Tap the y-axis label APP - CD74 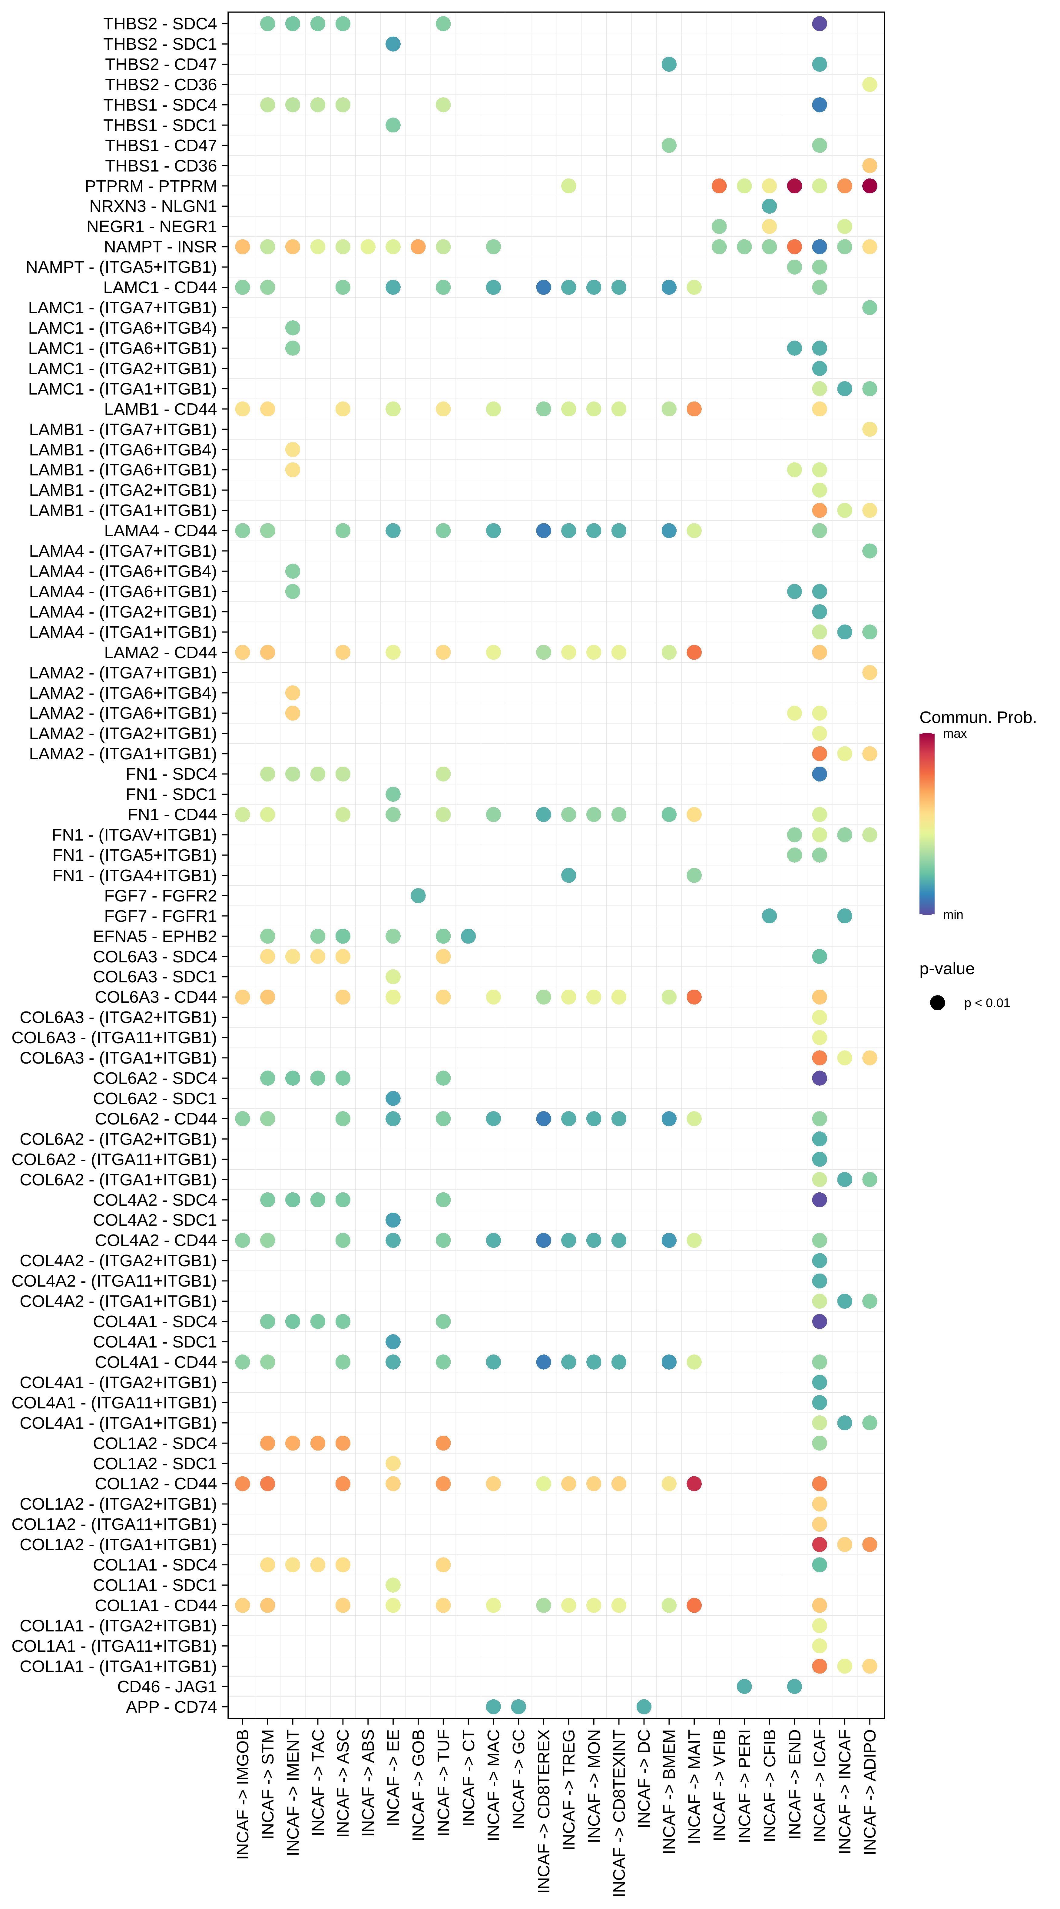click(171, 1707)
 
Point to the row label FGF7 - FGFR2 click(160, 896)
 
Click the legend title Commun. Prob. click(977, 717)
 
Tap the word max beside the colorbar click(954, 734)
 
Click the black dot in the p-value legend click(937, 1003)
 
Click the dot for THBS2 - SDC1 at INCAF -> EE click(393, 44)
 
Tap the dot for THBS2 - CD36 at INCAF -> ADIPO click(870, 85)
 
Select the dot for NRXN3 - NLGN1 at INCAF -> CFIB click(769, 206)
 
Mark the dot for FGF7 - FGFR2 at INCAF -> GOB click(418, 896)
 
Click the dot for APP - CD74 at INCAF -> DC click(644, 1707)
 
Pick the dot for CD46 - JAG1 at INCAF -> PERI click(744, 1687)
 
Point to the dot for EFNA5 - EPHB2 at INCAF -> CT click(468, 936)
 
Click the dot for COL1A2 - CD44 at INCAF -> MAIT click(694, 1484)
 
